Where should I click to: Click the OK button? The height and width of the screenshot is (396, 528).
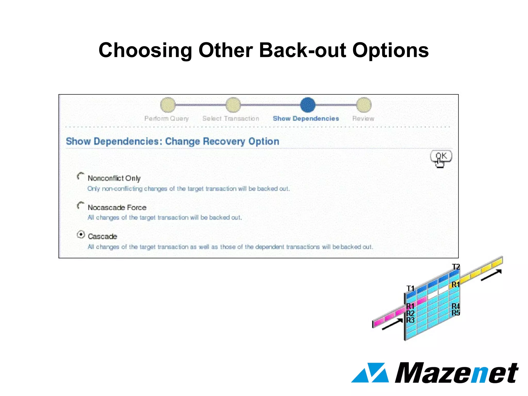441,156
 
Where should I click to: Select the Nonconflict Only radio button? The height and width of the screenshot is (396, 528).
81,176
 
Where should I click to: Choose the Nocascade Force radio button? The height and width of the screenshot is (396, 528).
81,205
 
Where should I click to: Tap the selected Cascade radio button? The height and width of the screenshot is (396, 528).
81,235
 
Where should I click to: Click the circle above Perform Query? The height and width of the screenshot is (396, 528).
168,105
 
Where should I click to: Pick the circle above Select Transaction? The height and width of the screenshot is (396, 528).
233,105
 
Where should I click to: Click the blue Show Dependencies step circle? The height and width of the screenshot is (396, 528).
308,105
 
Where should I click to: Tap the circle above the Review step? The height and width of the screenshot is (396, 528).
364,105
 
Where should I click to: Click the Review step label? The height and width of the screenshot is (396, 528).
363,119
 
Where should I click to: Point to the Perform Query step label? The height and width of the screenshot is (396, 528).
167,119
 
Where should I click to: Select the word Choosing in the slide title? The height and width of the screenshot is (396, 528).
145,51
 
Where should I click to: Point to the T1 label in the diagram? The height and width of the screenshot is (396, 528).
410,288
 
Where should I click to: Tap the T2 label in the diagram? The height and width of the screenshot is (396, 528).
456,267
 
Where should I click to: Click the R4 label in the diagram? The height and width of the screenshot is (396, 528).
456,306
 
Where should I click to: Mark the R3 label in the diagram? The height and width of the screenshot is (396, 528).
410,320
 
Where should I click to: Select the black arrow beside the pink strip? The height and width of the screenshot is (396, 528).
392,324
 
